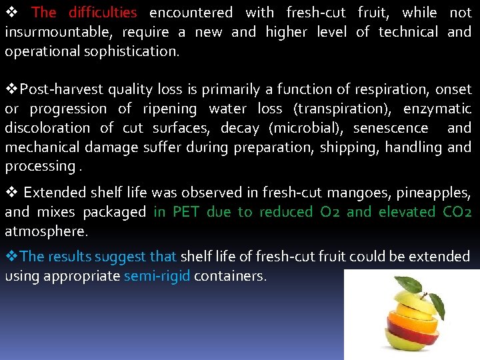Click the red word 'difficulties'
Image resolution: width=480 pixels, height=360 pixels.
tap(103, 13)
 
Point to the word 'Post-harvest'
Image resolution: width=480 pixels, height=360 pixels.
tap(55, 89)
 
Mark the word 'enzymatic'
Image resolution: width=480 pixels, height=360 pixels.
tap(437, 109)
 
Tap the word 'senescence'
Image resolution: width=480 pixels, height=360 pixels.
tap(391, 128)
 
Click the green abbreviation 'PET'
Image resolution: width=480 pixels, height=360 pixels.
tap(181, 213)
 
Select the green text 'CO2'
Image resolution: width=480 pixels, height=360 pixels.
tap(457, 213)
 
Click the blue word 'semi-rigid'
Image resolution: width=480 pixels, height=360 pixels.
tap(157, 276)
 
